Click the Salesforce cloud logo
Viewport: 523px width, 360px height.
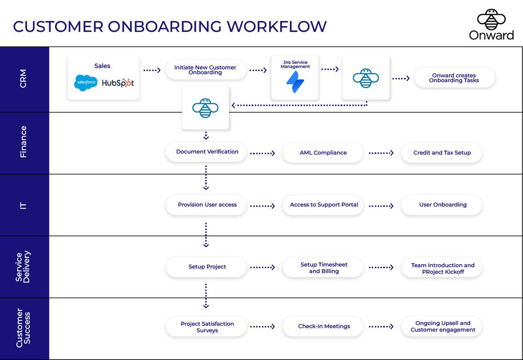(85, 83)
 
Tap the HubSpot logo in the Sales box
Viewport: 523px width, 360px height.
(118, 83)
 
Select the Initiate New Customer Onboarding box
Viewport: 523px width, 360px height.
(205, 70)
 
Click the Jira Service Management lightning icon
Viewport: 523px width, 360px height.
(295, 82)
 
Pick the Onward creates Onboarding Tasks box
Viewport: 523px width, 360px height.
(454, 78)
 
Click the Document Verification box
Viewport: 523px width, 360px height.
(207, 152)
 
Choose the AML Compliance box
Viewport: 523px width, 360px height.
(323, 152)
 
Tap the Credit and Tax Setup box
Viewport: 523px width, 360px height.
(442, 152)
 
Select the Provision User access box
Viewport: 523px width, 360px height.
(207, 205)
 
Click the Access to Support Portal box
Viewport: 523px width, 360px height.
(324, 205)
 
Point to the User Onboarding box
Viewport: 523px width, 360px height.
(442, 205)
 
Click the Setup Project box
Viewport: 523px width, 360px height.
(207, 267)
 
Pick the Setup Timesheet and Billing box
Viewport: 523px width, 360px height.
(324, 268)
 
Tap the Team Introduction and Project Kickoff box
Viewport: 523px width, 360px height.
(442, 268)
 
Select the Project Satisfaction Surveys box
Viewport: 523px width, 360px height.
(207, 327)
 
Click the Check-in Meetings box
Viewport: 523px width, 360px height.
(324, 326)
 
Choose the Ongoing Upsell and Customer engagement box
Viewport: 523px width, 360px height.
(442, 326)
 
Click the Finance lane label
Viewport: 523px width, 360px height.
(24, 142)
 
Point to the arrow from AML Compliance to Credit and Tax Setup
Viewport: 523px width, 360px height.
(381, 153)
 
